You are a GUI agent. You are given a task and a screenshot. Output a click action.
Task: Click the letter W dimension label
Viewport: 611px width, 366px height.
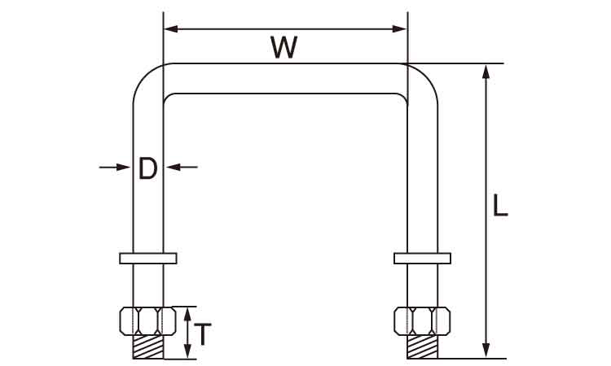[284, 48]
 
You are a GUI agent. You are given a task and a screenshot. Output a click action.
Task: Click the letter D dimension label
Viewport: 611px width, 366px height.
[147, 168]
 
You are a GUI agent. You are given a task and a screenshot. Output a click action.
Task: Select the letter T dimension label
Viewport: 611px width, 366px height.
[206, 333]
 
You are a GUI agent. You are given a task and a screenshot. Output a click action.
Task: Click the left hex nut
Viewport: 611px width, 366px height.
[147, 320]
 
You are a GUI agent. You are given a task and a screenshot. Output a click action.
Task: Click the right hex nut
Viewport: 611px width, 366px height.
[422, 320]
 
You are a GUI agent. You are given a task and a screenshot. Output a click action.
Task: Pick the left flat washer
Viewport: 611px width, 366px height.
[147, 258]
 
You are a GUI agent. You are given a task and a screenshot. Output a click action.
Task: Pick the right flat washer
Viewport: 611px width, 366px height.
[422, 258]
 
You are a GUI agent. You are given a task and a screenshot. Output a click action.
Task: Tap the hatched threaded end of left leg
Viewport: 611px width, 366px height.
[147, 347]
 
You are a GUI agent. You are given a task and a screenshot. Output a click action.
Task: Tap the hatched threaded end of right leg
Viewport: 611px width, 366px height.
[422, 347]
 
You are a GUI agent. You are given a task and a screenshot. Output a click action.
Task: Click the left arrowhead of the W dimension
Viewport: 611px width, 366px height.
[170, 28]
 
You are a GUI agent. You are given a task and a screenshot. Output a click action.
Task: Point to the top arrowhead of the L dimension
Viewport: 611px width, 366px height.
[486, 71]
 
